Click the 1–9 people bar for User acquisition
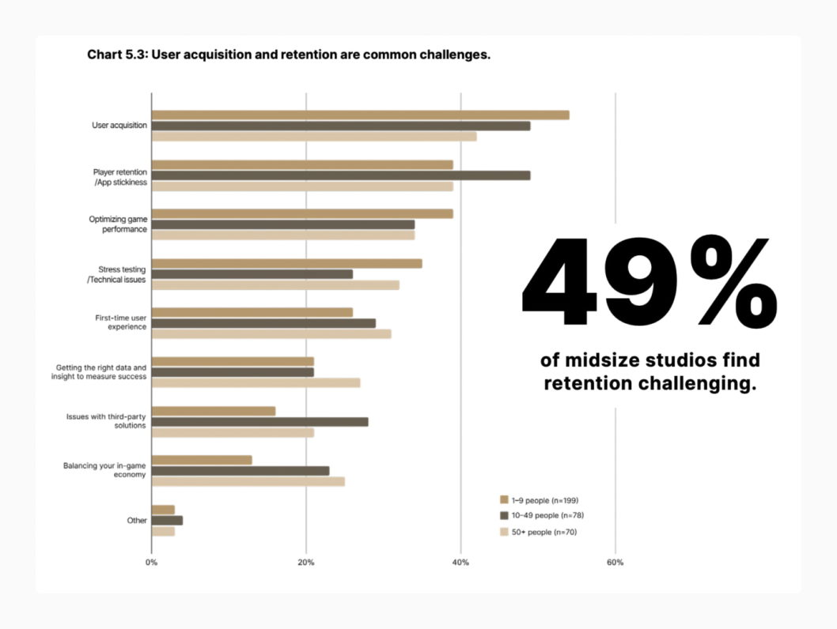pyautogui.click(x=360, y=115)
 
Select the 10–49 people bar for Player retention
pyautogui.click(x=341, y=175)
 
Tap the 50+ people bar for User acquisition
pyautogui.click(x=314, y=136)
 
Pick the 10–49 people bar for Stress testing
pyautogui.click(x=252, y=274)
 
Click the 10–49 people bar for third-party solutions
pyautogui.click(x=259, y=422)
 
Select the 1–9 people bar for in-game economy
pyautogui.click(x=202, y=460)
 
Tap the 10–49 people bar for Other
pyautogui.click(x=167, y=521)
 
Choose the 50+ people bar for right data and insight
pyautogui.click(x=256, y=382)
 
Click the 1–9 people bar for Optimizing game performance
pyautogui.click(x=302, y=214)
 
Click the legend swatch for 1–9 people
pyautogui.click(x=503, y=499)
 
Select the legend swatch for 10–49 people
pyautogui.click(x=503, y=515)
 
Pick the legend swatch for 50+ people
pyautogui.click(x=503, y=532)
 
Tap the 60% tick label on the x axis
pyautogui.click(x=615, y=563)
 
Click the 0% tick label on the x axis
pyautogui.click(x=151, y=563)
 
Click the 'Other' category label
pyautogui.click(x=136, y=521)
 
